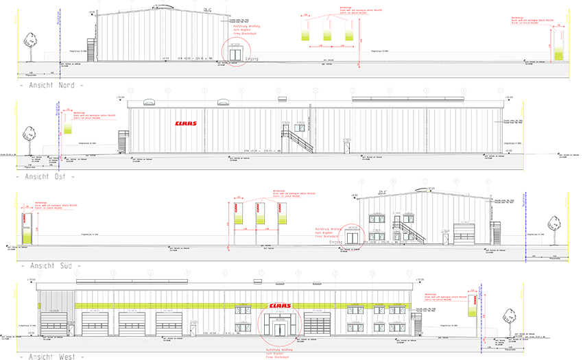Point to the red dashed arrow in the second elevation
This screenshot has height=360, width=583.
click(x=185, y=124)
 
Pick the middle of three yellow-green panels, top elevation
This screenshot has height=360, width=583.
click(x=327, y=33)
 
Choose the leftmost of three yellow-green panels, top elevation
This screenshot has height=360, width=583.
click(x=305, y=33)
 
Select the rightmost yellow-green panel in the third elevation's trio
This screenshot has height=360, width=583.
click(x=282, y=217)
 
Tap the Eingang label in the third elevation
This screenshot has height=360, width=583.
click(x=335, y=241)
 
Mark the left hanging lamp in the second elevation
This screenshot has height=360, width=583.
click(x=149, y=102)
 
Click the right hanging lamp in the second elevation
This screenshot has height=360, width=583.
click(x=222, y=102)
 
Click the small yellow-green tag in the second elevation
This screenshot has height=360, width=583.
click(x=68, y=128)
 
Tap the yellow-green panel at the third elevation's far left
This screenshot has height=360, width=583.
click(x=27, y=233)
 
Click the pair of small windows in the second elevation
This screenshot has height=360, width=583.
click(x=297, y=128)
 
